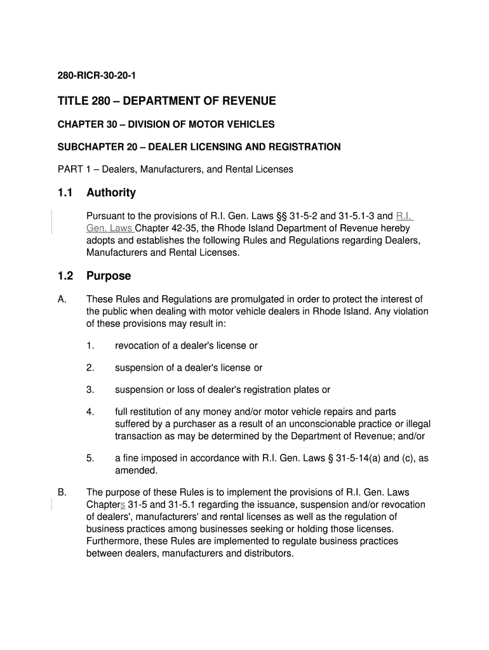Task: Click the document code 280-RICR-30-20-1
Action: pyautogui.click(x=97, y=76)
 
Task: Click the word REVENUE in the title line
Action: pyautogui.click(x=248, y=101)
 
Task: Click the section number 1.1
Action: pyautogui.click(x=65, y=192)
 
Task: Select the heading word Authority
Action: pyautogui.click(x=111, y=192)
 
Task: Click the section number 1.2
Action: pyautogui.click(x=65, y=276)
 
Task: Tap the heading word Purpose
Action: pyautogui.click(x=109, y=276)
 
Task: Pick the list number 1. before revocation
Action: pyautogui.click(x=90, y=346)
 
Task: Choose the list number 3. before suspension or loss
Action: pyautogui.click(x=90, y=390)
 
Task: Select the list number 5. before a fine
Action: pyautogui.click(x=90, y=458)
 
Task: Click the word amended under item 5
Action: pyautogui.click(x=135, y=470)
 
